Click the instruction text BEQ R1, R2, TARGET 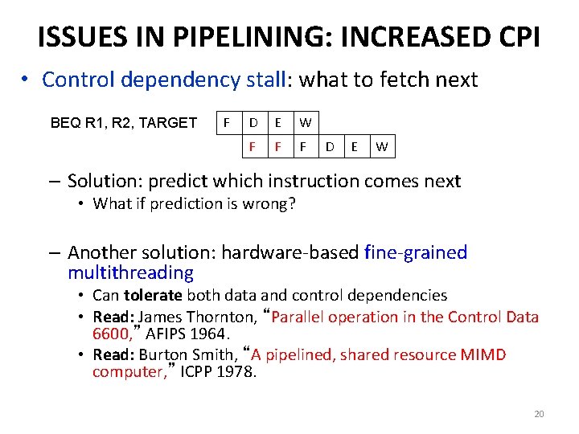(x=124, y=123)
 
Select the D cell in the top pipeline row (x=253, y=123)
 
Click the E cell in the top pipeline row (x=278, y=123)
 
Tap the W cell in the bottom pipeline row (x=382, y=147)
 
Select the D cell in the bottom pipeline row (x=330, y=147)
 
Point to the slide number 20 (x=539, y=414)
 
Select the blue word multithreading (x=131, y=272)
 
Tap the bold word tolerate (x=153, y=296)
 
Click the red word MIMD (x=483, y=354)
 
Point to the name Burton (x=162, y=354)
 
